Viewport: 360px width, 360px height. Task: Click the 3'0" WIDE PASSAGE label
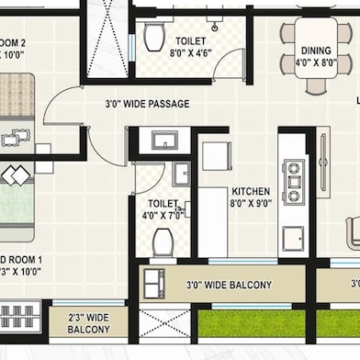click(x=147, y=104)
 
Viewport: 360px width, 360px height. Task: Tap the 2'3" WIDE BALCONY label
click(x=89, y=322)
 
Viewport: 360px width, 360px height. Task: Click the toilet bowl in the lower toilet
click(x=163, y=243)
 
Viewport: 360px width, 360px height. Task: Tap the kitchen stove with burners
click(x=294, y=182)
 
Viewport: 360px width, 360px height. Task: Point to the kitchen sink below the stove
click(x=294, y=239)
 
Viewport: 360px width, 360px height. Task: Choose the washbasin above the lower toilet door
click(x=165, y=141)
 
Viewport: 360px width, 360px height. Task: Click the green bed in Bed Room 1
click(x=16, y=197)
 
